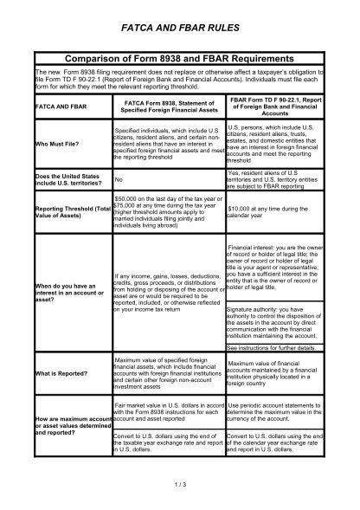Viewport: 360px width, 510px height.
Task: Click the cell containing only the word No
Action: [x=120, y=180]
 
